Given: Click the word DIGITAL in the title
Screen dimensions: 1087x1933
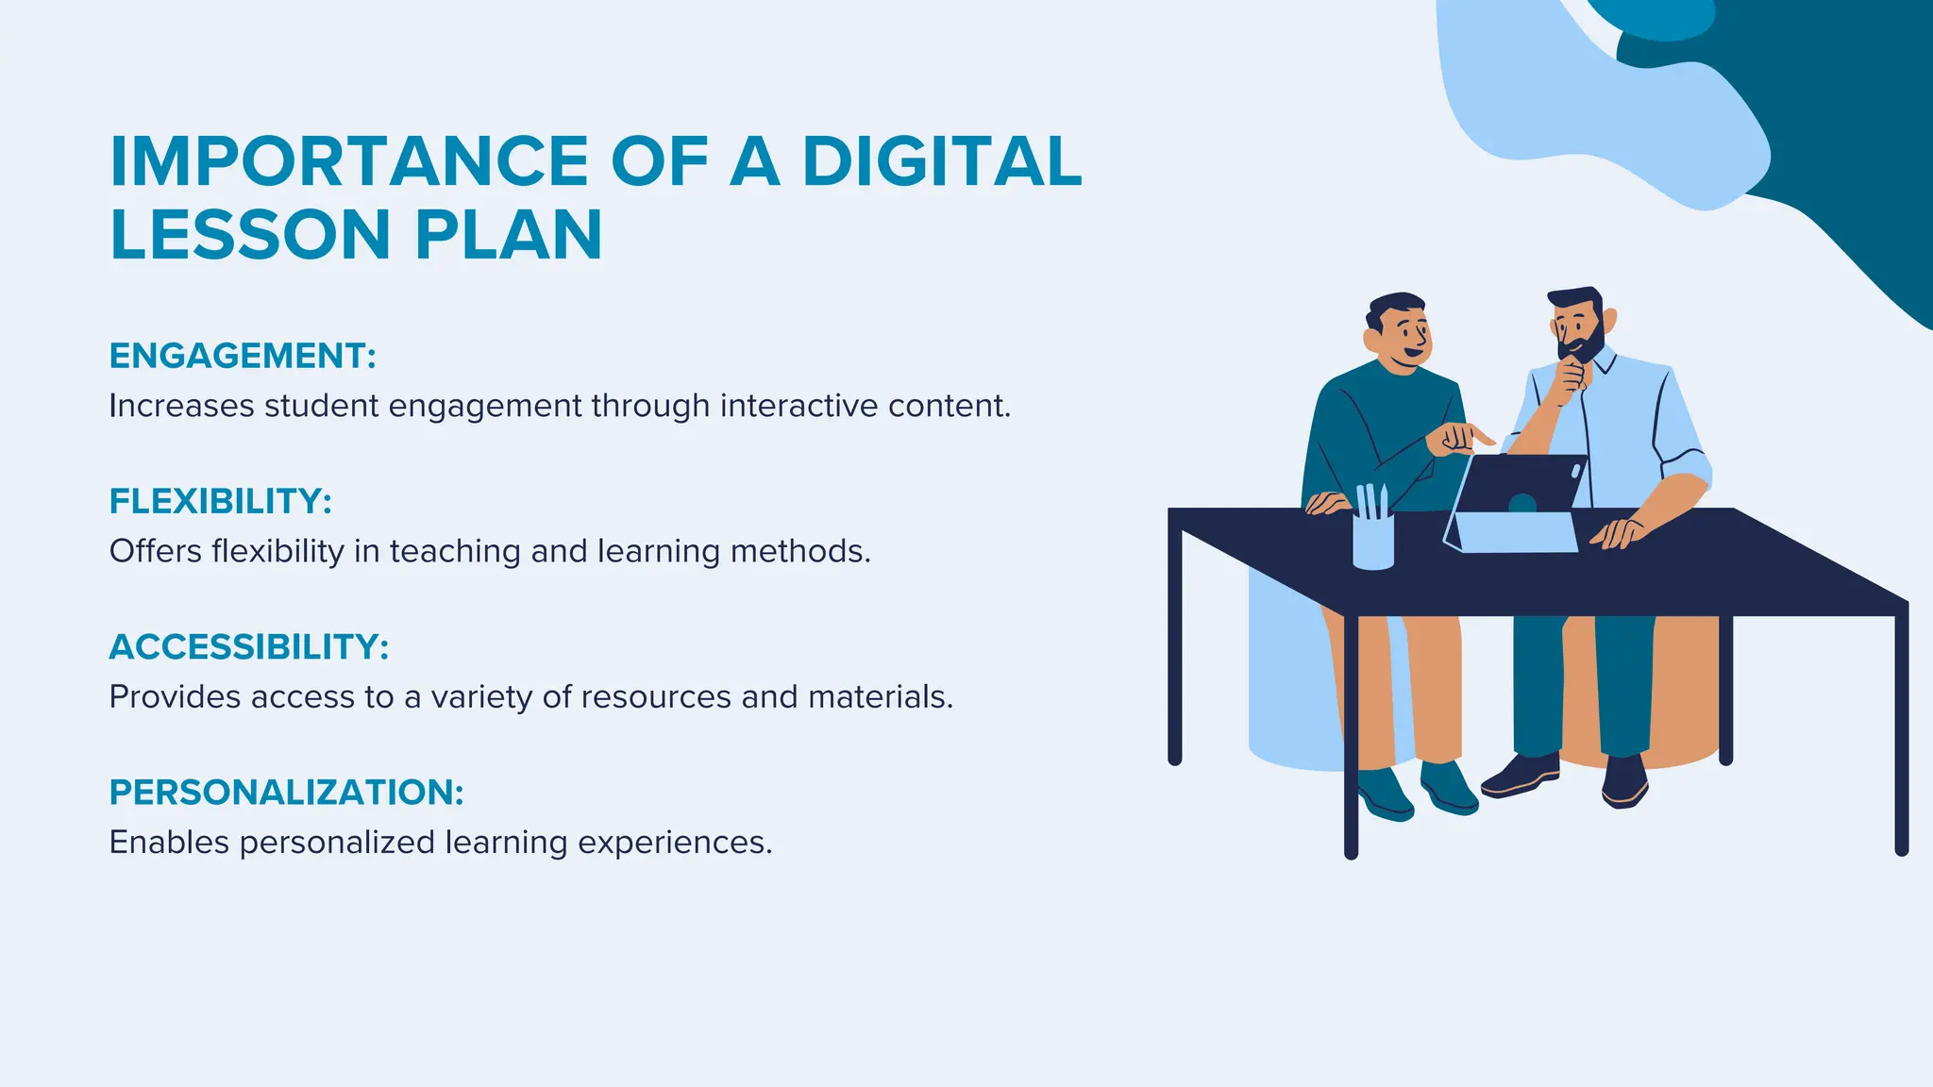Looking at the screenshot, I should click(942, 161).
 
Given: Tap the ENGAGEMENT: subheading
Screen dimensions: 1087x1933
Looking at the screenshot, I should click(243, 356).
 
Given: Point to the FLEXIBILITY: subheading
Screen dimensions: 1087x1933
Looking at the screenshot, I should click(221, 501).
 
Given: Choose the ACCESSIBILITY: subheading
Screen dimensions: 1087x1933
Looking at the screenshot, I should click(249, 647).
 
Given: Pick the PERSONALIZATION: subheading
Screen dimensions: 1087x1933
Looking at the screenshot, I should click(287, 793).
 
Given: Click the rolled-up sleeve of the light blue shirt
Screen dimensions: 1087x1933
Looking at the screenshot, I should click(1685, 466).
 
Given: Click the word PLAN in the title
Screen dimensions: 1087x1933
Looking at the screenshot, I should click(509, 235).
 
